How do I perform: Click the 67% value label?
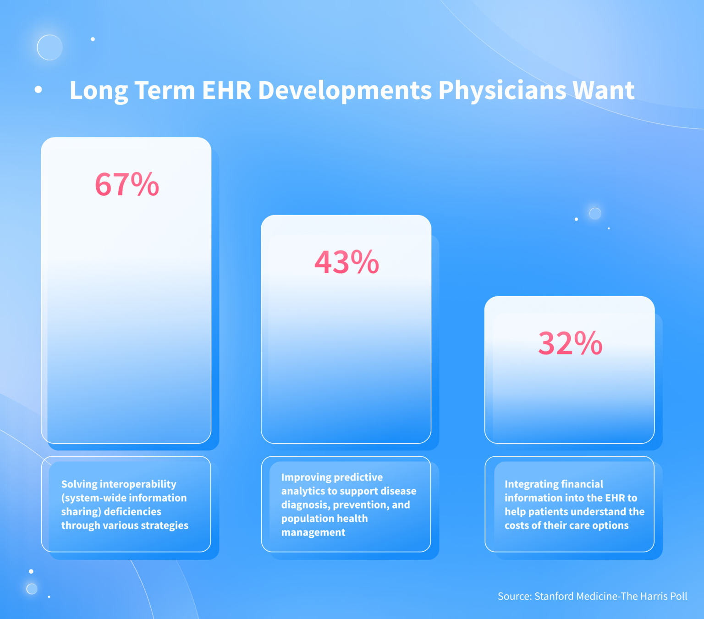(x=127, y=184)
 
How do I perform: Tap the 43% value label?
(x=346, y=262)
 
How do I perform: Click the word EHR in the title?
(x=226, y=90)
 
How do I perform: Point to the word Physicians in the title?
(x=502, y=90)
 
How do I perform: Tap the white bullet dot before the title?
(x=38, y=90)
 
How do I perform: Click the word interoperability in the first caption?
(x=138, y=484)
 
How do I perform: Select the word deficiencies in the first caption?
(x=132, y=512)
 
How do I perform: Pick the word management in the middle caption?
(x=313, y=532)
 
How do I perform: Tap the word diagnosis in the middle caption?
(x=305, y=505)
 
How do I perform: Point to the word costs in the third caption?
(x=517, y=525)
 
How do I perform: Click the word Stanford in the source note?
(x=554, y=596)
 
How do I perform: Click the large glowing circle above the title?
(x=49, y=47)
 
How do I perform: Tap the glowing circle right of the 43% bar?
(x=595, y=213)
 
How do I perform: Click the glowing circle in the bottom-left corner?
(x=32, y=589)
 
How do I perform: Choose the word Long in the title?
(x=99, y=90)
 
